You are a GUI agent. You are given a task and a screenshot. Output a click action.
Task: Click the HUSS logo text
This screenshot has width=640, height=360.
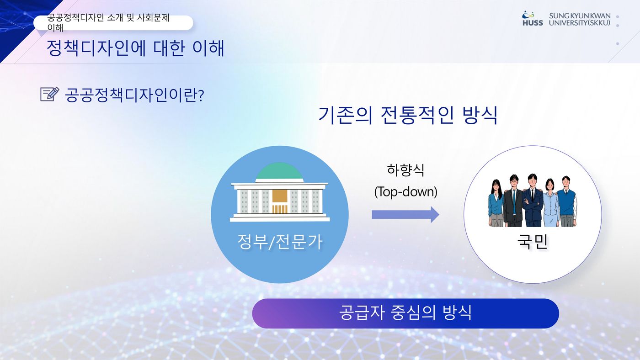pos(533,23)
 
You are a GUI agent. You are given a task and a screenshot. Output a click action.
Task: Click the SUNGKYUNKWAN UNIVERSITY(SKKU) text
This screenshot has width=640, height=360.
pos(580,19)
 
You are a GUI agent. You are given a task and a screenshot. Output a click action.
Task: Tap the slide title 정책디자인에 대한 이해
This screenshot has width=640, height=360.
pos(135,48)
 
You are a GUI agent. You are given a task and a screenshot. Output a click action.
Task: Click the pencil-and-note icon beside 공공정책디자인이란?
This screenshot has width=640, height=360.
pos(50,94)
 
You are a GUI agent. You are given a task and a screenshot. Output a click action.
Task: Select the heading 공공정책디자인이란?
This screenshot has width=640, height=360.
pos(134,95)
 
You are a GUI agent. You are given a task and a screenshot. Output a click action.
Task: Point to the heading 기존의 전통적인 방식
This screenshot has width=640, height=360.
pos(408,115)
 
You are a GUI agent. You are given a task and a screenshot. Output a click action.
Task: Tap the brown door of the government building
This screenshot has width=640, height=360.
pos(280,201)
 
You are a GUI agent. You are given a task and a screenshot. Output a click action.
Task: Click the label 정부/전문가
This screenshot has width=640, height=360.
pos(280,242)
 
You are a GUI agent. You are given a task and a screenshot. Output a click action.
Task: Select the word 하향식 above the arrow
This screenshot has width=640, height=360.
pos(405,170)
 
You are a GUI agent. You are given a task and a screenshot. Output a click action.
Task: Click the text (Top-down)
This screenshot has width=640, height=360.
pos(406,191)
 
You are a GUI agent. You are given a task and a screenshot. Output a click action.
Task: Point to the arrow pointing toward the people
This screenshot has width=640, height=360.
pos(405,214)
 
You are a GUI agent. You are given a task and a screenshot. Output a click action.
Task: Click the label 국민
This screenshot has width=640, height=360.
pos(533,242)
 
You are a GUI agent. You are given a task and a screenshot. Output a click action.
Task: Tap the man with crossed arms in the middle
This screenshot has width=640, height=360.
pos(532,200)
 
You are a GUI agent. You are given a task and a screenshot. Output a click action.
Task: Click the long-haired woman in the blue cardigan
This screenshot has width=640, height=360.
pos(496,203)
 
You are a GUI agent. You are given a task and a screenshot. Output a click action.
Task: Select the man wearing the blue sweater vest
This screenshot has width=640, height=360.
pos(567,201)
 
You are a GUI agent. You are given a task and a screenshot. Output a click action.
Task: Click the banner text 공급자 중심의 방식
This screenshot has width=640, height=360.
pos(405,312)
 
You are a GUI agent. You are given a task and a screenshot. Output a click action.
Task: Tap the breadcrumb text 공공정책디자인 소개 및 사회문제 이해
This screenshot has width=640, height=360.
pos(108,22)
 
